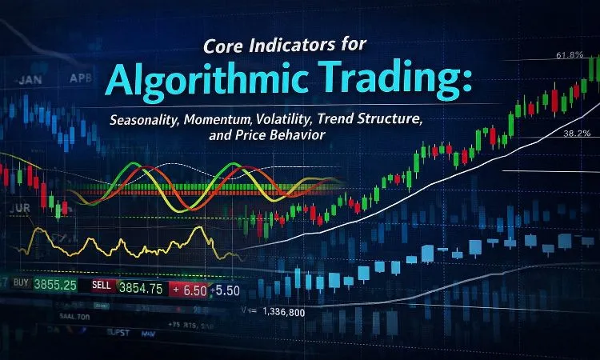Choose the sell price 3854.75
pos(141,286)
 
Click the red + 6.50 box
pos(189,287)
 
